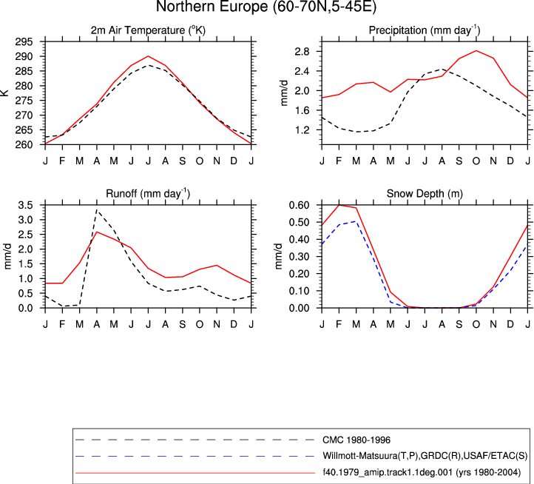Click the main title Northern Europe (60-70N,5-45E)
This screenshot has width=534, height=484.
pyautogui.click(x=266, y=7)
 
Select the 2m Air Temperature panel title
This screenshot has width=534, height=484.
pyautogui.click(x=148, y=30)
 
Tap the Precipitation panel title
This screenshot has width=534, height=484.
pyautogui.click(x=425, y=30)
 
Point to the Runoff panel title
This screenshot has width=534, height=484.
pyautogui.click(x=148, y=194)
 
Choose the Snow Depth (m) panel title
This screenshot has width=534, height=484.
pyautogui.click(x=425, y=194)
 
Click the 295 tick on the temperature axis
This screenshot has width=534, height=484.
pyautogui.click(x=24, y=41)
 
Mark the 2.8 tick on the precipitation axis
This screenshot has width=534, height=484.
pyautogui.click(x=303, y=52)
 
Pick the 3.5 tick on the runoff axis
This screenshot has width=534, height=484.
pyautogui.click(x=26, y=205)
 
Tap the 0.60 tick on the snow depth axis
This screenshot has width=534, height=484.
pyautogui.click(x=299, y=205)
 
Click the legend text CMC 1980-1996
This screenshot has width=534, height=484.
pyautogui.click(x=356, y=440)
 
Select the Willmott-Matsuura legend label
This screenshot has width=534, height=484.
pyautogui.click(x=425, y=456)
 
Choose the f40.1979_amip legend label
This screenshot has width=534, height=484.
pyautogui.click(x=422, y=472)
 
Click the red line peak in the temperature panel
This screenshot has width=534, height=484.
pyautogui.click(x=148, y=56)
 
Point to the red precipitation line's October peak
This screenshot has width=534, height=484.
pyautogui.click(x=476, y=50)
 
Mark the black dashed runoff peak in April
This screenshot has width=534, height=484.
pyautogui.click(x=97, y=210)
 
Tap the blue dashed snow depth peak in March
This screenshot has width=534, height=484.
pyautogui.click(x=356, y=221)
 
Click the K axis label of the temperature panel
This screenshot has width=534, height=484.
pyautogui.click(x=4, y=93)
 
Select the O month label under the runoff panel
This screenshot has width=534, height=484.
pyautogui.click(x=200, y=324)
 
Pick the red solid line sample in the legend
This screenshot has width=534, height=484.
pyautogui.click(x=195, y=473)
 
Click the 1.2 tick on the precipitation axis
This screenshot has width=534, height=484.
pyautogui.click(x=303, y=130)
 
